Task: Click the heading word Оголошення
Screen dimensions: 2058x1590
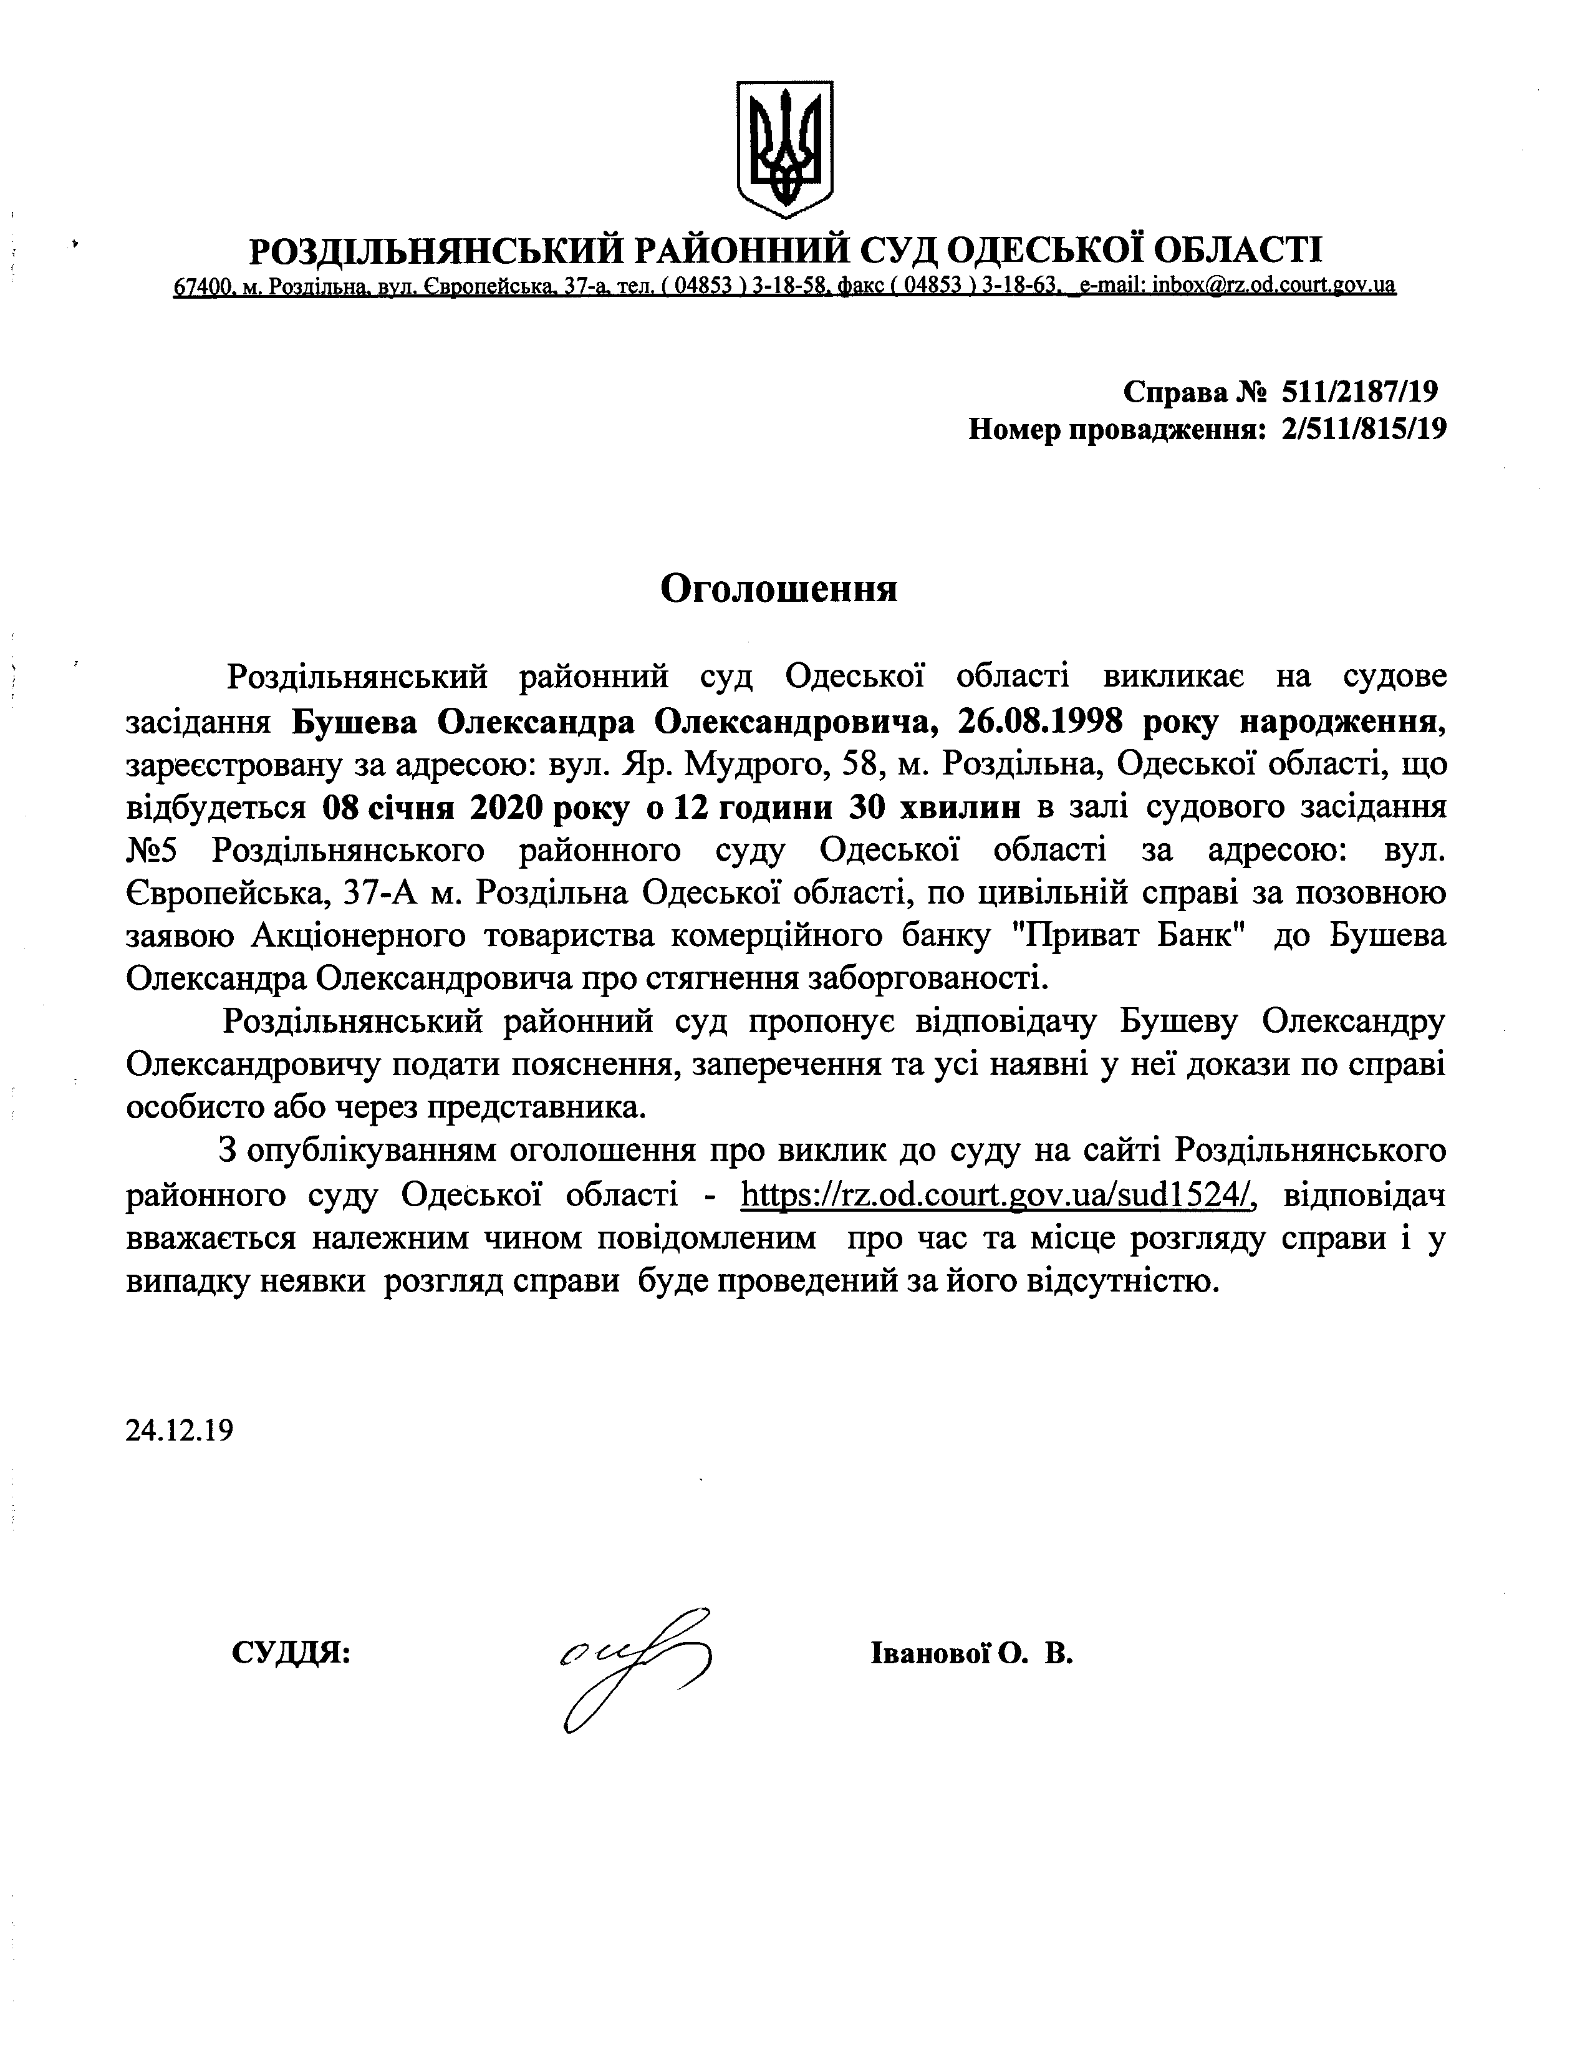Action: click(x=778, y=588)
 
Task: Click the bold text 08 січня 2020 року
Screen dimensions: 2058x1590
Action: click(x=461, y=808)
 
